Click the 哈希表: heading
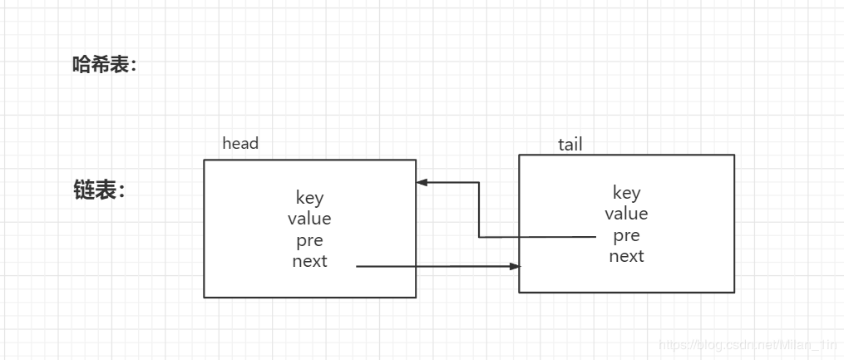(x=104, y=66)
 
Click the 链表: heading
(x=99, y=190)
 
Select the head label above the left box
(x=240, y=144)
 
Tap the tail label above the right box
(x=570, y=145)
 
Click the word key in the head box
(x=309, y=198)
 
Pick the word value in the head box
(x=309, y=219)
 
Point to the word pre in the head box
(x=309, y=240)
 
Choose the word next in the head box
(x=309, y=262)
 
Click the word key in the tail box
(x=626, y=193)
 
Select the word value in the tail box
(x=626, y=214)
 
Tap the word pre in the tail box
(x=626, y=235)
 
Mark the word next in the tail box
(x=626, y=256)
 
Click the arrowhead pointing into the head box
(x=422, y=182)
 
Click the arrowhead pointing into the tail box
(x=515, y=266)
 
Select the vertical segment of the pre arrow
(x=479, y=210)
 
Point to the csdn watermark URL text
(x=747, y=345)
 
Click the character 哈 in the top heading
(x=81, y=66)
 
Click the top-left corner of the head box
(x=204, y=160)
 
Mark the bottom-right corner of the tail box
(x=734, y=293)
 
